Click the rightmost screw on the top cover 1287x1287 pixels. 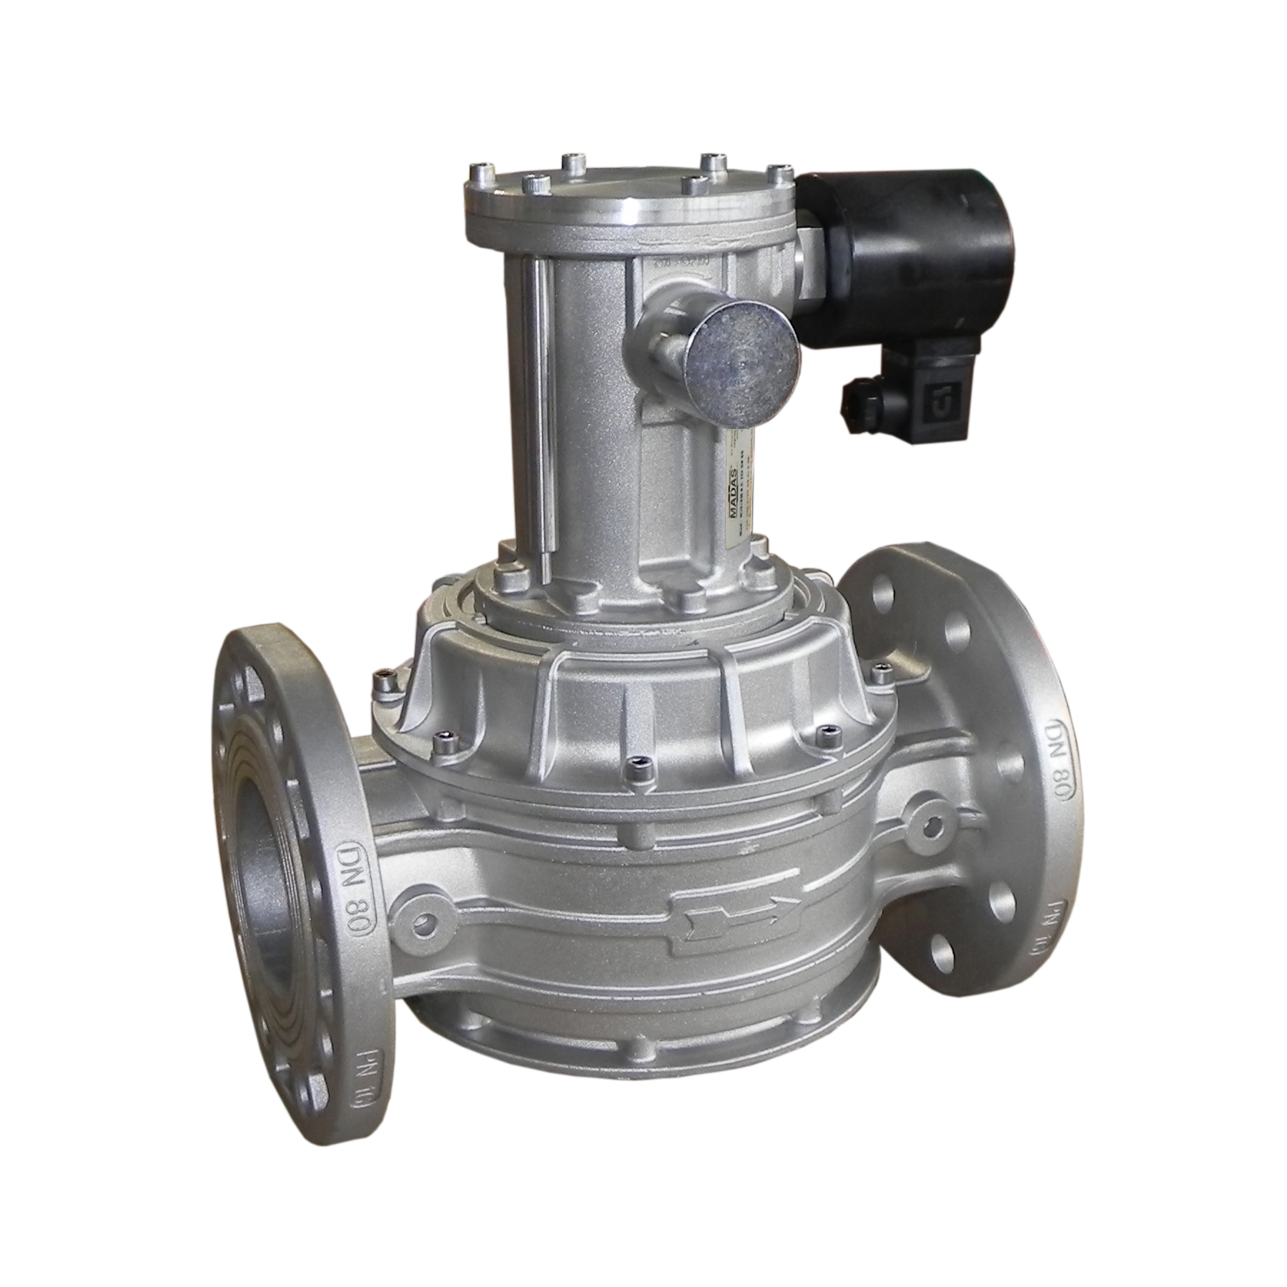[x=776, y=172]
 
